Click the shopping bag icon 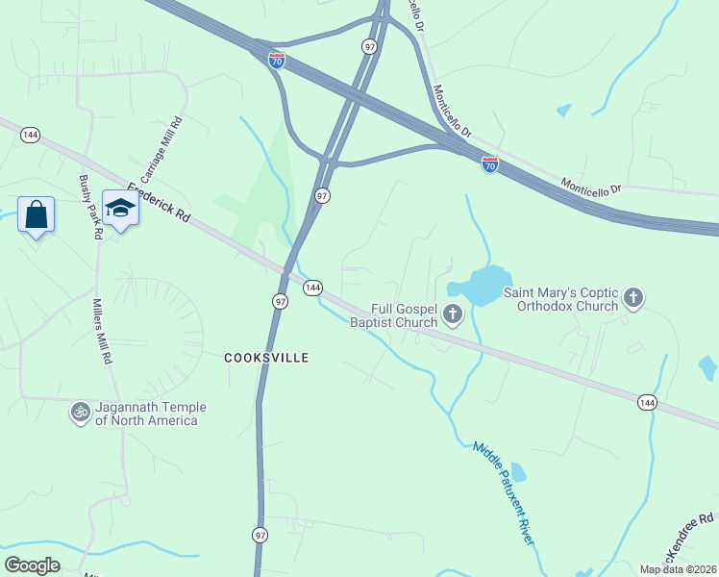coord(36,213)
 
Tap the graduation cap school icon coord(121,209)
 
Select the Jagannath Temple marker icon coord(80,413)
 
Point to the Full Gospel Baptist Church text coord(393,315)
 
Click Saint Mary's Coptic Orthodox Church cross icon coord(633,298)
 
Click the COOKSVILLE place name coord(266,358)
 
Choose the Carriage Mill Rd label coord(161,150)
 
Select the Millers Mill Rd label coord(101,329)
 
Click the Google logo coord(33,565)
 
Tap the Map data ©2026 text coord(677,569)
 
